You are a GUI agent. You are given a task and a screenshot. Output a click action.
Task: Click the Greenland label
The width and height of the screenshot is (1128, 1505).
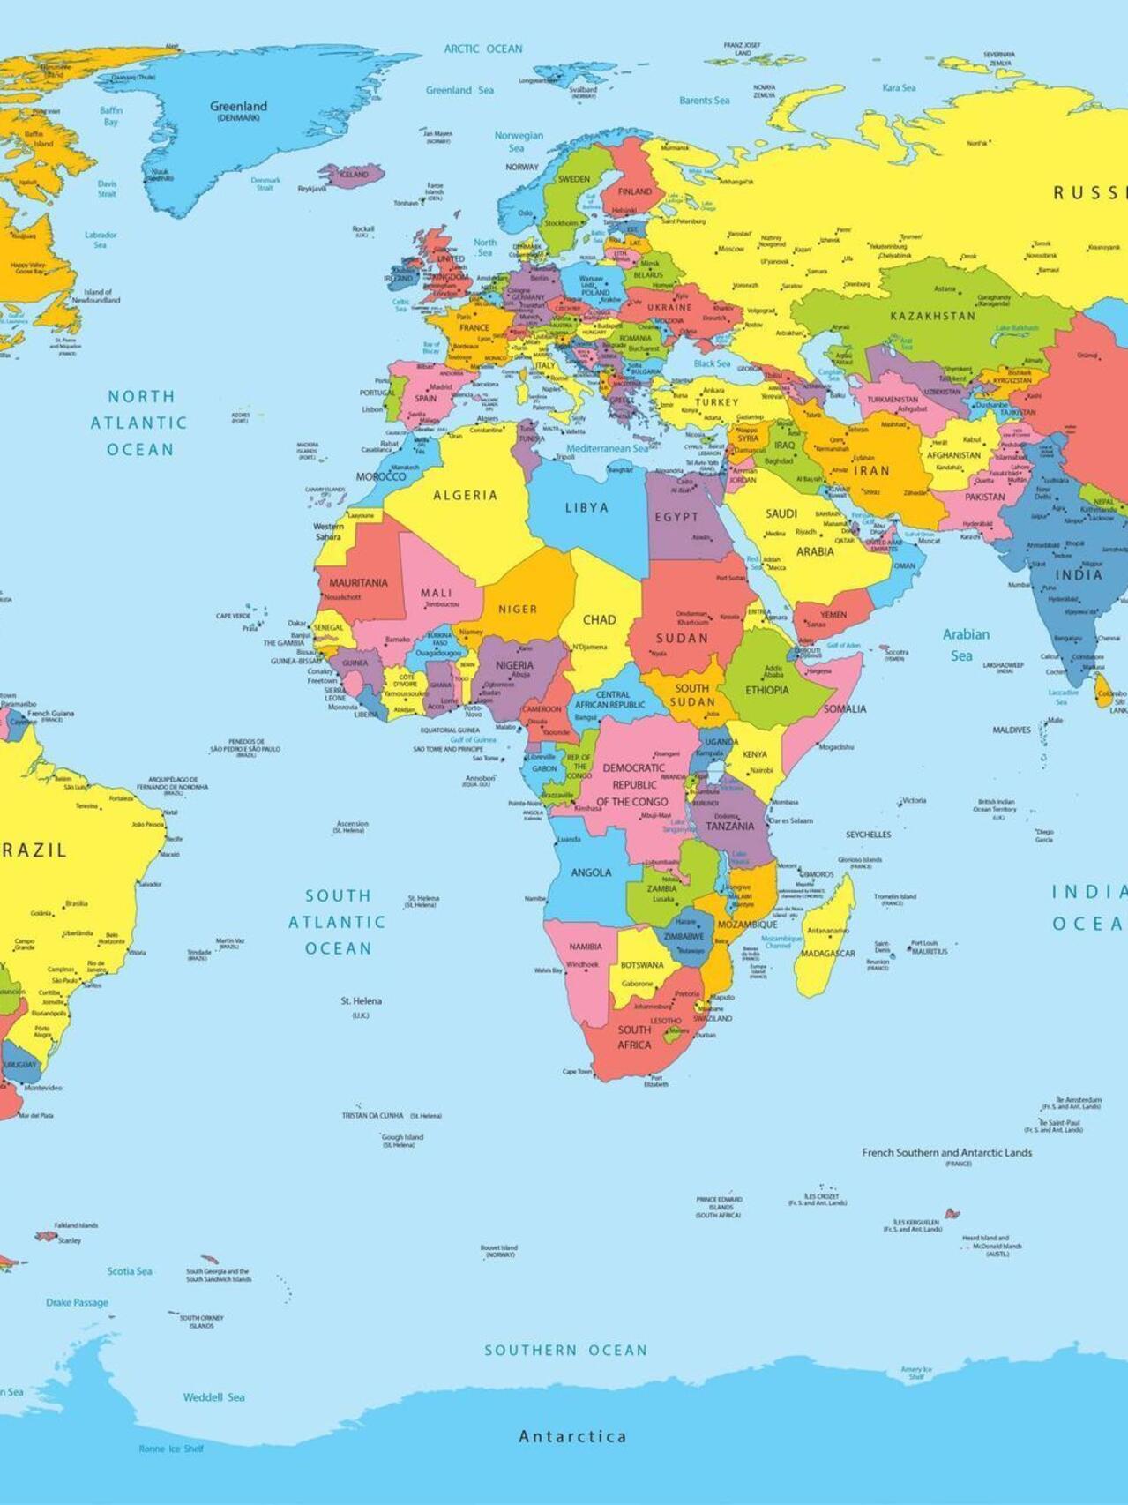point(238,107)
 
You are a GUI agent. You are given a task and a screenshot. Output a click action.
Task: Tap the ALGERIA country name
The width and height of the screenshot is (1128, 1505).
point(465,496)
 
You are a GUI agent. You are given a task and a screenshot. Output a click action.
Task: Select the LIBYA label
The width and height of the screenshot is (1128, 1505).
point(586,507)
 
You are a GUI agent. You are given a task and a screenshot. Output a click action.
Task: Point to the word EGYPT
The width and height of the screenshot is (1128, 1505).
point(676,517)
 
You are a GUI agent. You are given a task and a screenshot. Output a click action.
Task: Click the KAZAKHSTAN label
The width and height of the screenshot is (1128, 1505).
point(932,316)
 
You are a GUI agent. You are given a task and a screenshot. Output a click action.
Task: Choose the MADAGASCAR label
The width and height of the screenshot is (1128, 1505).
point(827,954)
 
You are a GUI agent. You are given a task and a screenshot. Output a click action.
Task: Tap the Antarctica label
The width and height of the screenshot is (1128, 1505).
point(572,1436)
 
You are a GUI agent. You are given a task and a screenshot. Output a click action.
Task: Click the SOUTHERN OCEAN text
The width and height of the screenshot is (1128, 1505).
point(565,1350)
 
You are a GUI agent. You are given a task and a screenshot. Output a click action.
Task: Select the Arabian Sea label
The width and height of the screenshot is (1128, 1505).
point(965,645)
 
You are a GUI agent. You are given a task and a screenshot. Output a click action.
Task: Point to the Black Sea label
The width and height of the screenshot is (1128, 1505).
point(712,363)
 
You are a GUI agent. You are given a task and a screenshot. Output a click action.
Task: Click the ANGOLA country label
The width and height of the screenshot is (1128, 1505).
point(591,872)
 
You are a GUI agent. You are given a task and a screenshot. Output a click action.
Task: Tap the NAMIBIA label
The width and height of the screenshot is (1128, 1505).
point(586,947)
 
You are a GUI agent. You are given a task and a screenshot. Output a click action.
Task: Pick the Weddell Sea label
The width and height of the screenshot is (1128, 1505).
point(213,1396)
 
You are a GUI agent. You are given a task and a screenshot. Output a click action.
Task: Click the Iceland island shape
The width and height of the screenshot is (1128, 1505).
point(353,175)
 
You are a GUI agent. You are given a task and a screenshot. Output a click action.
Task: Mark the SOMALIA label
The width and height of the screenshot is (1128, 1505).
point(844,708)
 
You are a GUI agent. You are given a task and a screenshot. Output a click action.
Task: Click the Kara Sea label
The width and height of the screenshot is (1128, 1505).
point(899,87)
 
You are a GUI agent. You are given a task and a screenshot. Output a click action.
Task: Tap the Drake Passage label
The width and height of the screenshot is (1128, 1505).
point(77,1302)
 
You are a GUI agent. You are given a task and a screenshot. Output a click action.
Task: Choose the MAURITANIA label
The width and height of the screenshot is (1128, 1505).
point(358,583)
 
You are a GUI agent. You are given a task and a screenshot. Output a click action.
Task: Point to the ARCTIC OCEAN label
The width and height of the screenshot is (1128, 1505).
point(483,49)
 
